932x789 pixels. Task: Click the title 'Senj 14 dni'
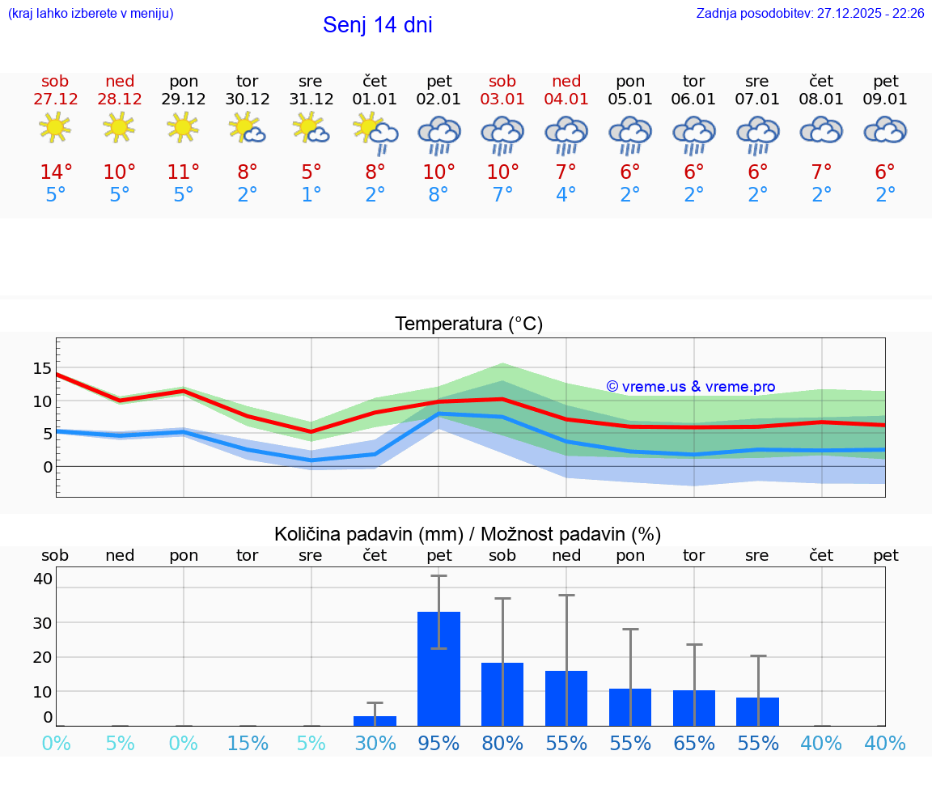377,25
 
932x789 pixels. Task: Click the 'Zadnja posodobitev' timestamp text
810,14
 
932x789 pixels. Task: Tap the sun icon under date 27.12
55,128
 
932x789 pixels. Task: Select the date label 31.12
311,100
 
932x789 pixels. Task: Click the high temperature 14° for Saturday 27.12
56,172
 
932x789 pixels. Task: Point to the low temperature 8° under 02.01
438,195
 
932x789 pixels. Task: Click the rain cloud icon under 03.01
502,134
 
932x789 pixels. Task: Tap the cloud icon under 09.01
885,129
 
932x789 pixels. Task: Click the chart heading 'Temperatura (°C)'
468,325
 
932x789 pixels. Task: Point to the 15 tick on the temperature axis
42,368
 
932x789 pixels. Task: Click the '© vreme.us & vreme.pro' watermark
690,387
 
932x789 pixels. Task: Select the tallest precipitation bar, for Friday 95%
438,668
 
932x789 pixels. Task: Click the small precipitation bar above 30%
375,720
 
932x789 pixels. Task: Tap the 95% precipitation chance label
438,743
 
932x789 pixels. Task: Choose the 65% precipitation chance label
694,743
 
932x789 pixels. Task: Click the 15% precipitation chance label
247,743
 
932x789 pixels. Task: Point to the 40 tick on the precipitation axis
42,579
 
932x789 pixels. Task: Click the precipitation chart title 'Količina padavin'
468,534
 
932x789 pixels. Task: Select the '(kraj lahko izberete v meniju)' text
91,14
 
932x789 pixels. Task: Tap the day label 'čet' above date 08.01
821,81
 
